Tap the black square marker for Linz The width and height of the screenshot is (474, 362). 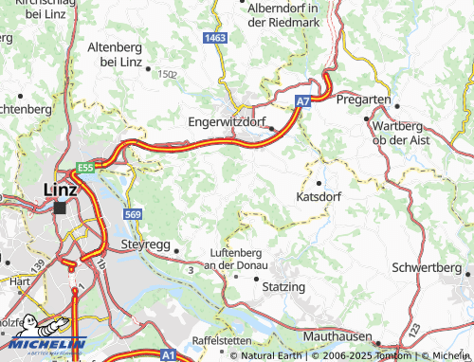point(61,208)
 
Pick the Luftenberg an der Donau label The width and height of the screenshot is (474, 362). point(237,259)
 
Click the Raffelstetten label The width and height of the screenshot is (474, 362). point(224,339)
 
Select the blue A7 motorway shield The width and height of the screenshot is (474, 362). point(302,100)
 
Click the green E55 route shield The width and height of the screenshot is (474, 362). point(86,168)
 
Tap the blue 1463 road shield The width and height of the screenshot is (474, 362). point(214,37)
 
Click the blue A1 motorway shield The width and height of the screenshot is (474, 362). point(167,353)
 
